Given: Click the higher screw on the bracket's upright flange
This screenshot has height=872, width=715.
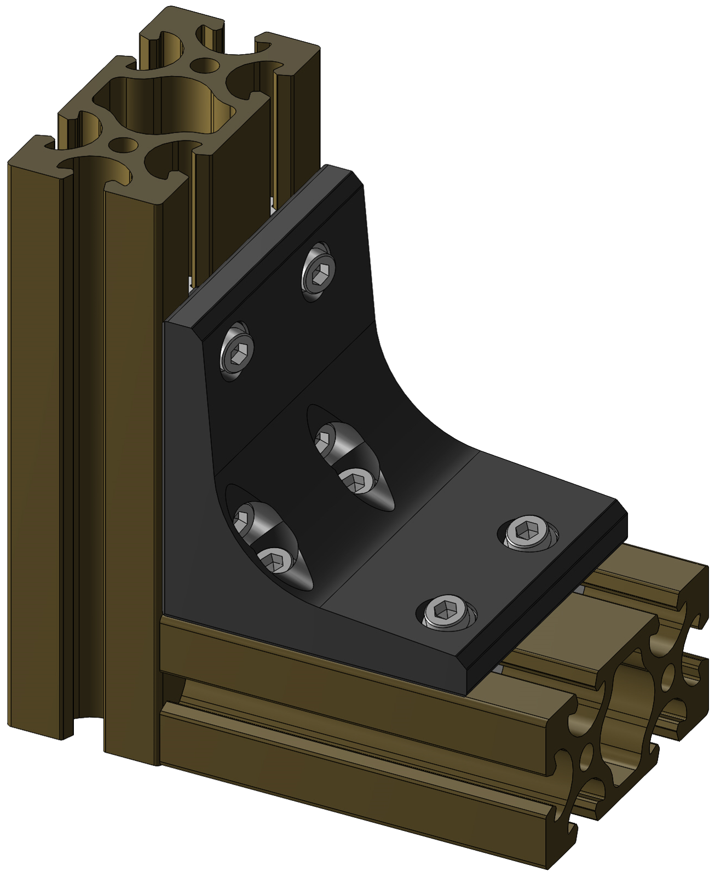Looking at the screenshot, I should (x=318, y=271).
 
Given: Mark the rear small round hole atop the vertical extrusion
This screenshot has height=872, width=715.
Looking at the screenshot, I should (x=205, y=65).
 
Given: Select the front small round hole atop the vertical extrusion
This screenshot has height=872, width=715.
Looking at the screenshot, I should (x=123, y=145).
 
